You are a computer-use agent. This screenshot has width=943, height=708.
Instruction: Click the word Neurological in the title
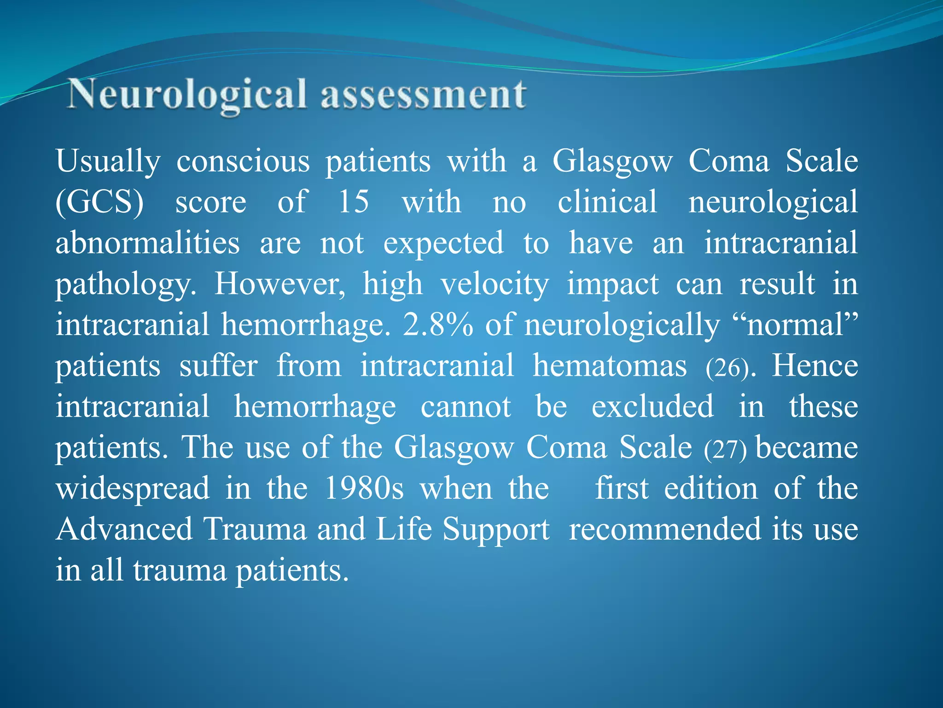(186, 94)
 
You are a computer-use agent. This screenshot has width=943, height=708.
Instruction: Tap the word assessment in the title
(424, 94)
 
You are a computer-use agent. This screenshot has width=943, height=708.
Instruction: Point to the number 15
(354, 202)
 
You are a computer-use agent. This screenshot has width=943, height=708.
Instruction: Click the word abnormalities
(147, 243)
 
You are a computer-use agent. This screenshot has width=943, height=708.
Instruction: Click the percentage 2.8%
(437, 324)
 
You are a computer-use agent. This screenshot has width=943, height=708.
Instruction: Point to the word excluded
(652, 407)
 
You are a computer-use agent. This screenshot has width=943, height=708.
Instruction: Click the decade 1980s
(364, 488)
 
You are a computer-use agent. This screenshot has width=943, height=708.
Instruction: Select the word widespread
(133, 488)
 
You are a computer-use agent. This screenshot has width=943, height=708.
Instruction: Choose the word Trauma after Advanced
(255, 529)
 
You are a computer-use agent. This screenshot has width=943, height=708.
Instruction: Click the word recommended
(665, 529)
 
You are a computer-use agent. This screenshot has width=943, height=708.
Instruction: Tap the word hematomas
(610, 366)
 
